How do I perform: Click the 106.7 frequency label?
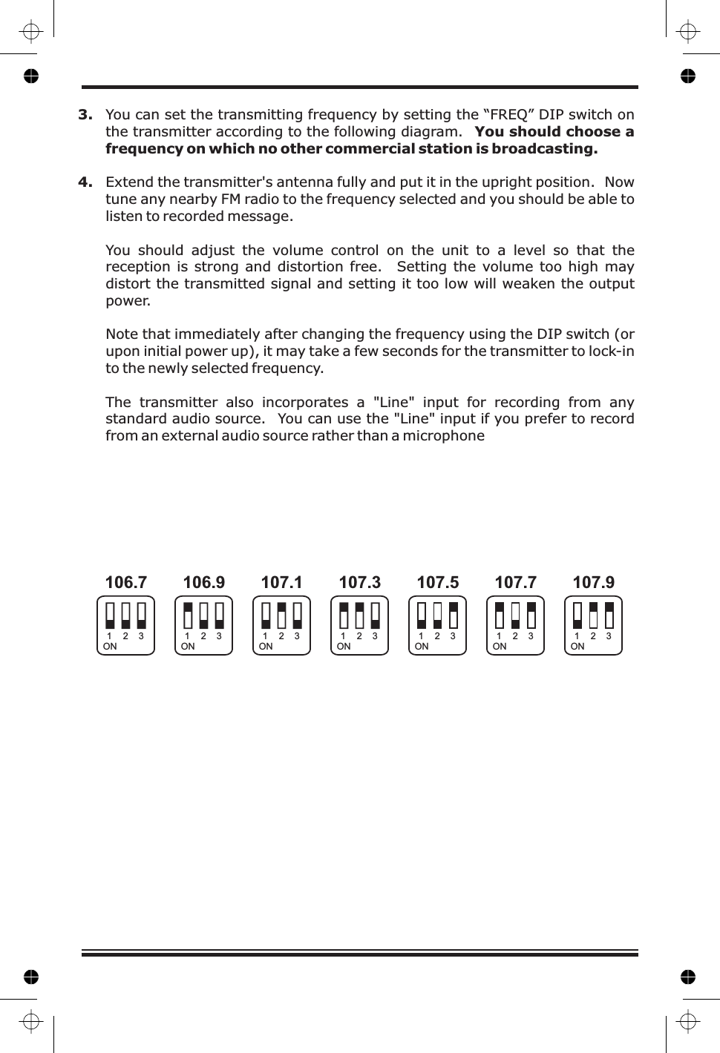126,582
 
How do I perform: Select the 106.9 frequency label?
204,582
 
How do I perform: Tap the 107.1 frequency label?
282,582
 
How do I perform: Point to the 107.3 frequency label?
360,582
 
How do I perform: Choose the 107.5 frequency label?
438,582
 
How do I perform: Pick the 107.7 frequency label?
516,582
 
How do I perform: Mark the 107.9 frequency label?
594,582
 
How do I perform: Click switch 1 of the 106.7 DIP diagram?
110,615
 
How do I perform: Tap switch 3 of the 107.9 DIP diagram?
609,615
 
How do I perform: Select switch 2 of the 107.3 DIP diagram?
359,615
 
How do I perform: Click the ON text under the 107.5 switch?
422,647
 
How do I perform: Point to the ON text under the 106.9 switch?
188,647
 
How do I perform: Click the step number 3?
85,115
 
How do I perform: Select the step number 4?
85,182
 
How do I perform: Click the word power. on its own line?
128,301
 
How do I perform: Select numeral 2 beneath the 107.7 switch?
515,636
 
